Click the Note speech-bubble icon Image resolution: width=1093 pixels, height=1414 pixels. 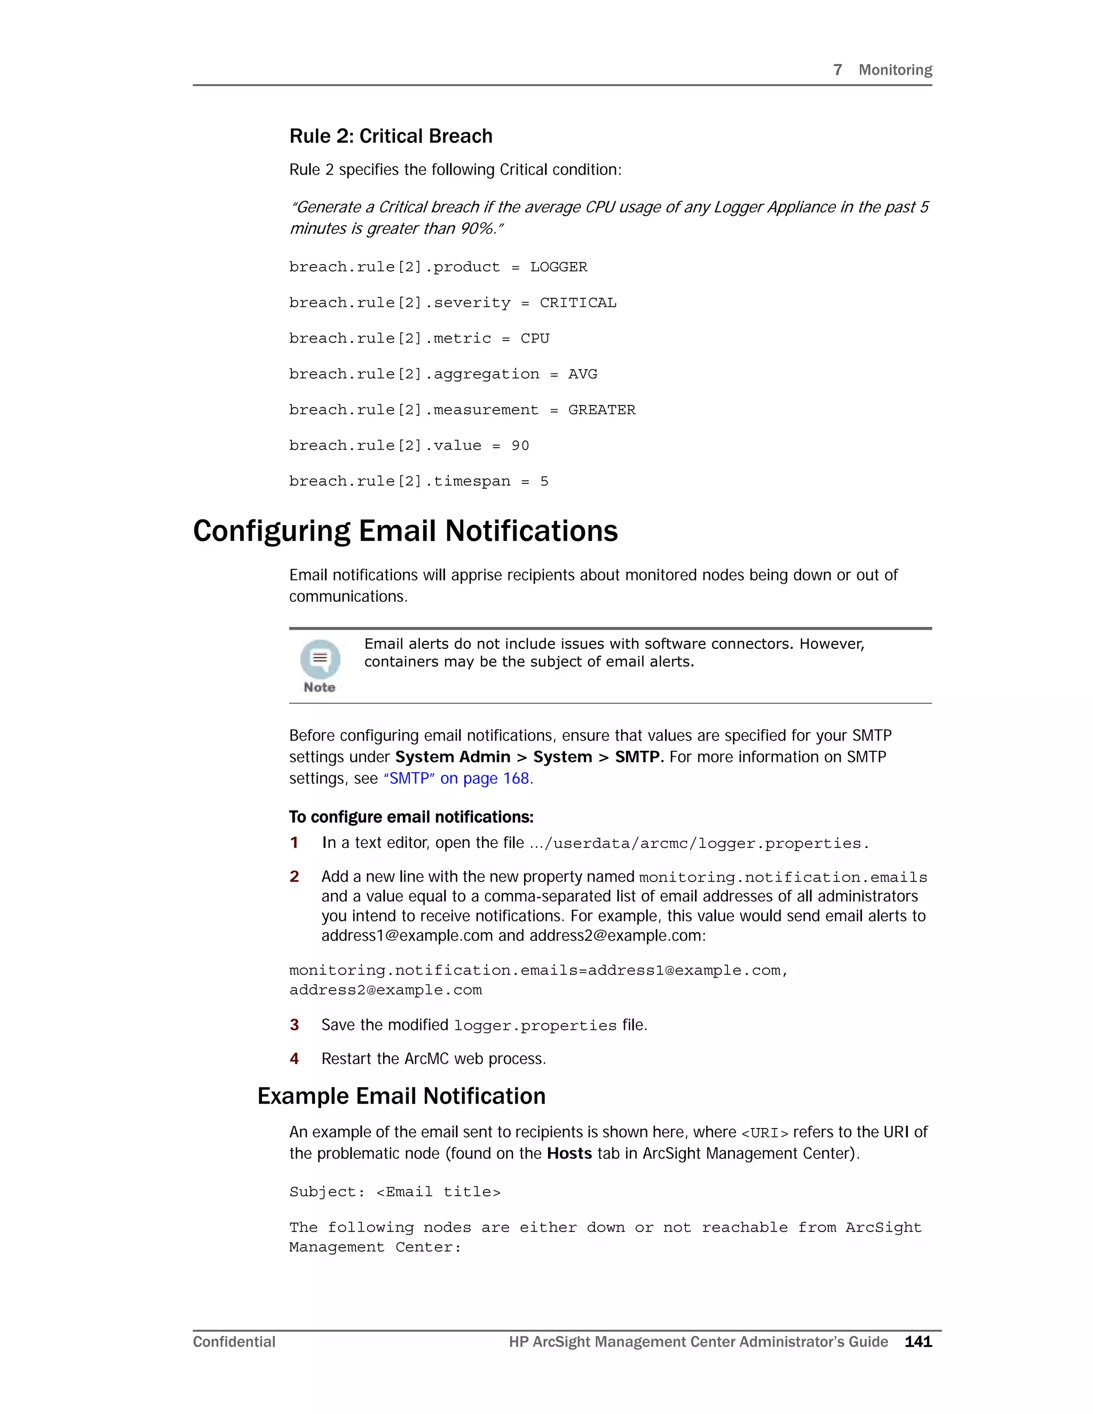coord(320,659)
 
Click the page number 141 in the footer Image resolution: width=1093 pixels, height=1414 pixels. coord(918,1341)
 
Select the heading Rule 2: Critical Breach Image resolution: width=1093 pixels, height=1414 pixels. coord(391,136)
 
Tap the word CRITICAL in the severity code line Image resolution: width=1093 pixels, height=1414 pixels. coord(577,303)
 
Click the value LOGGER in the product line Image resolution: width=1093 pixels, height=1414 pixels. coord(558,267)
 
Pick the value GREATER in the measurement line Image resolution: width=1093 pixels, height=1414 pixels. coord(601,410)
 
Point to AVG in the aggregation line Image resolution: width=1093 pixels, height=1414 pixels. coord(582,374)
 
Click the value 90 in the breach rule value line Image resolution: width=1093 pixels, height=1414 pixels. coord(520,446)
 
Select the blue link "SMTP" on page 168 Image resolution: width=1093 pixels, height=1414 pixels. coord(456,778)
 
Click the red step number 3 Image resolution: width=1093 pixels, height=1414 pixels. coord(295,1025)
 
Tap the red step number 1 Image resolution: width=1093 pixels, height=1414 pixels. coord(295,843)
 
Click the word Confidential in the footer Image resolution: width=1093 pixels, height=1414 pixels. coord(234,1341)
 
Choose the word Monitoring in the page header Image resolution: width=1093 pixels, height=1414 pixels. coord(895,70)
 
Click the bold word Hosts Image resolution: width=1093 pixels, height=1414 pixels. coord(569,1153)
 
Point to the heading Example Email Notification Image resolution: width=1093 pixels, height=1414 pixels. coord(401,1096)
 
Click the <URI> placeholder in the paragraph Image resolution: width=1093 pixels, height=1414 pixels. coord(764,1132)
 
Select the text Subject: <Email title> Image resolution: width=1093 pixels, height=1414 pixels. coord(394,1192)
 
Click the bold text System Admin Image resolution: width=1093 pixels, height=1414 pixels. coord(453,757)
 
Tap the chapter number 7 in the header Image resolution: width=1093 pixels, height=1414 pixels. coord(837,70)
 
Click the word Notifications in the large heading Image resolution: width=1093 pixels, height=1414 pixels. coord(531,531)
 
